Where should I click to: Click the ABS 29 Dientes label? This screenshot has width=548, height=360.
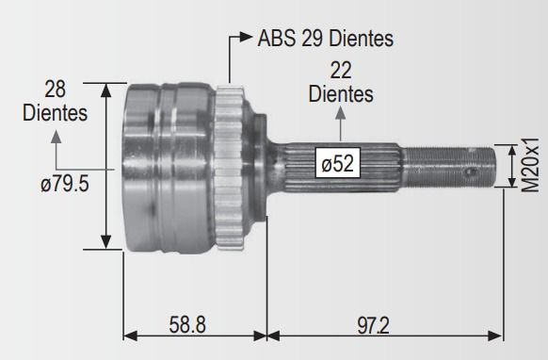click(326, 38)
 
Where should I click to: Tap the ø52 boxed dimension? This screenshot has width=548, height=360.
click(338, 163)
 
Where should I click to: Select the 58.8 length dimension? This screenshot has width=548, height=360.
click(187, 325)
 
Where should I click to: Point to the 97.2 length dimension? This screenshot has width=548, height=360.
click(373, 325)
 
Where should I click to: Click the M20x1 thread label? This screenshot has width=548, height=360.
click(530, 165)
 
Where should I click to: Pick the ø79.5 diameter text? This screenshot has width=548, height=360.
click(65, 184)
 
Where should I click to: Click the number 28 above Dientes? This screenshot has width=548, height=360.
click(55, 90)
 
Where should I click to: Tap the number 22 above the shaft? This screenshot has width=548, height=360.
click(341, 71)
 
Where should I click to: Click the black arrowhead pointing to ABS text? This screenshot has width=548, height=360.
click(246, 37)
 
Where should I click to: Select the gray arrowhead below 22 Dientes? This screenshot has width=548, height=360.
click(340, 113)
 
